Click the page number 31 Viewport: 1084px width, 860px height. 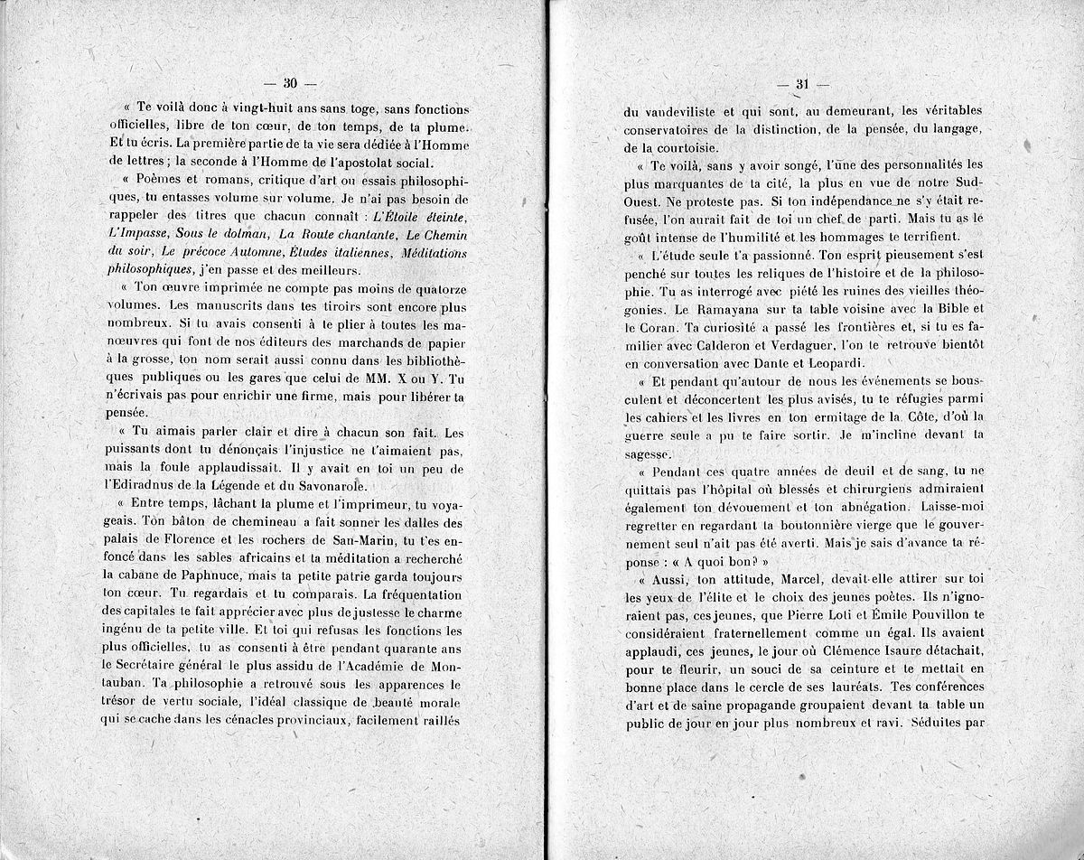tap(800, 85)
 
